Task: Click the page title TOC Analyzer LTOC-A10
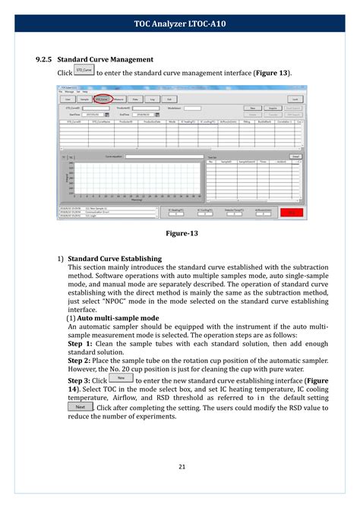coord(180,24)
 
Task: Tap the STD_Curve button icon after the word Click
coord(84,71)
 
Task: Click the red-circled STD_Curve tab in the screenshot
coord(100,99)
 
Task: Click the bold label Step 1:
coord(81,343)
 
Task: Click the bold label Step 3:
coord(81,380)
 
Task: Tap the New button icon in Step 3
coord(120,377)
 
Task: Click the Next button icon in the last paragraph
coord(81,408)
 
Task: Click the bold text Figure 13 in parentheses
coord(270,72)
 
